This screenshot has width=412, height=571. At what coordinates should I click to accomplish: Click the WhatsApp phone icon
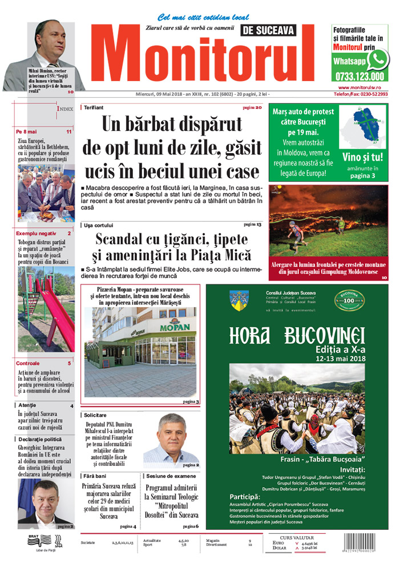click(x=378, y=59)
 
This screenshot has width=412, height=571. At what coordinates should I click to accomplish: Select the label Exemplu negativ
click(x=36, y=234)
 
